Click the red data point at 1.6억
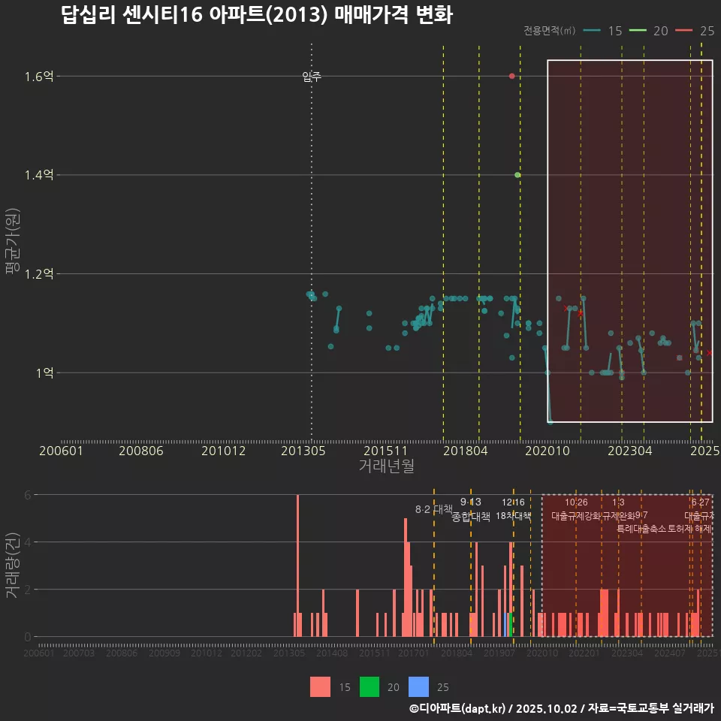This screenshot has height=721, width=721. [511, 76]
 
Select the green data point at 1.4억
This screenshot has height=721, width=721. [517, 175]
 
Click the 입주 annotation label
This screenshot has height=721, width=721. [312, 77]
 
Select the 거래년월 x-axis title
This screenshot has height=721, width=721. [386, 466]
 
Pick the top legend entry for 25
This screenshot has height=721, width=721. [698, 31]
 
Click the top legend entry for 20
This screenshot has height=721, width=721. [651, 31]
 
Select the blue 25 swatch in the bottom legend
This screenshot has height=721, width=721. [418, 686]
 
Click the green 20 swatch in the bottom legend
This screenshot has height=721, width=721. [370, 686]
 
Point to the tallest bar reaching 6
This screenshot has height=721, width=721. [297, 565]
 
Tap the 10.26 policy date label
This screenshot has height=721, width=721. [576, 502]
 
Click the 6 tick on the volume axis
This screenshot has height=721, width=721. [28, 495]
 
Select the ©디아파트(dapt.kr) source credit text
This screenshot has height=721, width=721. [460, 708]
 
